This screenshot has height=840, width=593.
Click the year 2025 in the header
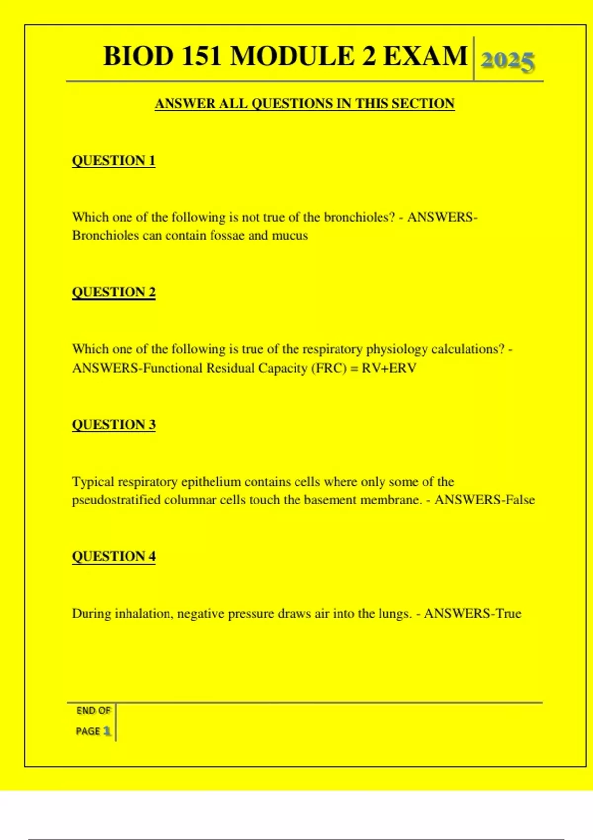[x=508, y=62]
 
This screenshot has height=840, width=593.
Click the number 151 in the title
[x=201, y=56]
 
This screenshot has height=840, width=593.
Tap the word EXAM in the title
[x=425, y=56]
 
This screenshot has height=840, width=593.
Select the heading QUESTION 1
[x=114, y=161]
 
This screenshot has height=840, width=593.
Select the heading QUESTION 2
[x=114, y=292]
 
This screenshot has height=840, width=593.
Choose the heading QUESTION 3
[x=114, y=424]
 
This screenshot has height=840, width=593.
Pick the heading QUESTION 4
[x=114, y=556]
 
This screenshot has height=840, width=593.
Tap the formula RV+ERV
[x=389, y=368]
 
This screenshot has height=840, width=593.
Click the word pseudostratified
[x=116, y=500]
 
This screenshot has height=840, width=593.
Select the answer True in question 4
[x=508, y=614]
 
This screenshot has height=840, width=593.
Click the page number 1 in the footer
[x=107, y=731]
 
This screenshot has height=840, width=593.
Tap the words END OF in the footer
[x=93, y=711]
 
